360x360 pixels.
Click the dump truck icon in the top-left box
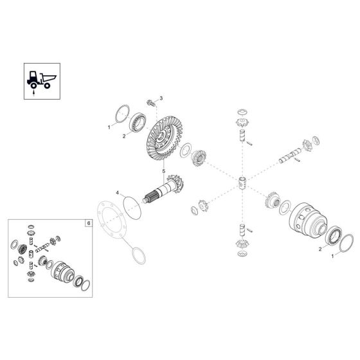[x=41, y=80]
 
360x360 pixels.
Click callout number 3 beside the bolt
[x=161, y=98]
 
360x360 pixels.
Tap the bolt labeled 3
[x=150, y=103]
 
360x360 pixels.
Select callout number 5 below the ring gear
[x=164, y=171]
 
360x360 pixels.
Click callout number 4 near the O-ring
[x=117, y=193]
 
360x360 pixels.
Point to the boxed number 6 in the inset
[x=89, y=223]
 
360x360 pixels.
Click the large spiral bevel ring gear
[x=164, y=138]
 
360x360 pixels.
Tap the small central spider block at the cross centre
[x=242, y=183]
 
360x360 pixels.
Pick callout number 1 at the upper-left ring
[x=109, y=127]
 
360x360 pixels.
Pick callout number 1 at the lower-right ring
[x=332, y=256]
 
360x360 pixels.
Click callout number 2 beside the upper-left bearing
[x=124, y=136]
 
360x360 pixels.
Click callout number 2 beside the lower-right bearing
[x=320, y=249]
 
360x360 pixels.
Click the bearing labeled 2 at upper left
[x=138, y=122]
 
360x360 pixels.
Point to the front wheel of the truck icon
[x=33, y=85]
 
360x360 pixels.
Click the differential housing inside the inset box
[x=62, y=272]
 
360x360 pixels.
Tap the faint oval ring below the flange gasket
[x=139, y=256]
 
